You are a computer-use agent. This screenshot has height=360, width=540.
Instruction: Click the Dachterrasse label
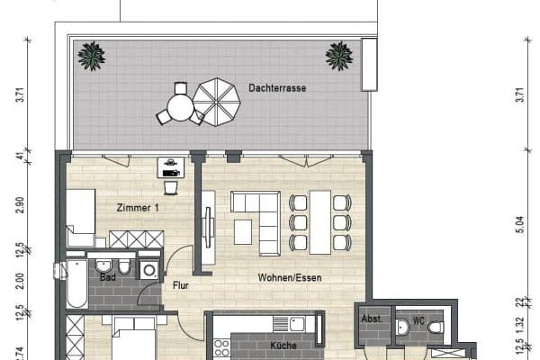pyautogui.click(x=277, y=88)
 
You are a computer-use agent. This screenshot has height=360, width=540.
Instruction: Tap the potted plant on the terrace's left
pyautogui.click(x=91, y=57)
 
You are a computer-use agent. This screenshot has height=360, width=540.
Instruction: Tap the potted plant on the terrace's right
pyautogui.click(x=338, y=57)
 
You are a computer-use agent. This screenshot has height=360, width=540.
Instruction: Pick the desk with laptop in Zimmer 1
pyautogui.click(x=171, y=166)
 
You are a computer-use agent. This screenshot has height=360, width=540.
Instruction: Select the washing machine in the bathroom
pyautogui.click(x=148, y=270)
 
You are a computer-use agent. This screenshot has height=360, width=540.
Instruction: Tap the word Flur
pyautogui.click(x=179, y=287)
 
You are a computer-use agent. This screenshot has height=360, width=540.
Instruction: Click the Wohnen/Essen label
pyautogui.click(x=289, y=277)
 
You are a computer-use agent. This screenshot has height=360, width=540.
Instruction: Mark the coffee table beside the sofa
pyautogui.click(x=243, y=231)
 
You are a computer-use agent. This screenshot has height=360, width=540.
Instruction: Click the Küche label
pyautogui.click(x=283, y=345)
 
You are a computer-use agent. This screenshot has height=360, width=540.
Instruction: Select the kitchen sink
pyautogui.click(x=291, y=323)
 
